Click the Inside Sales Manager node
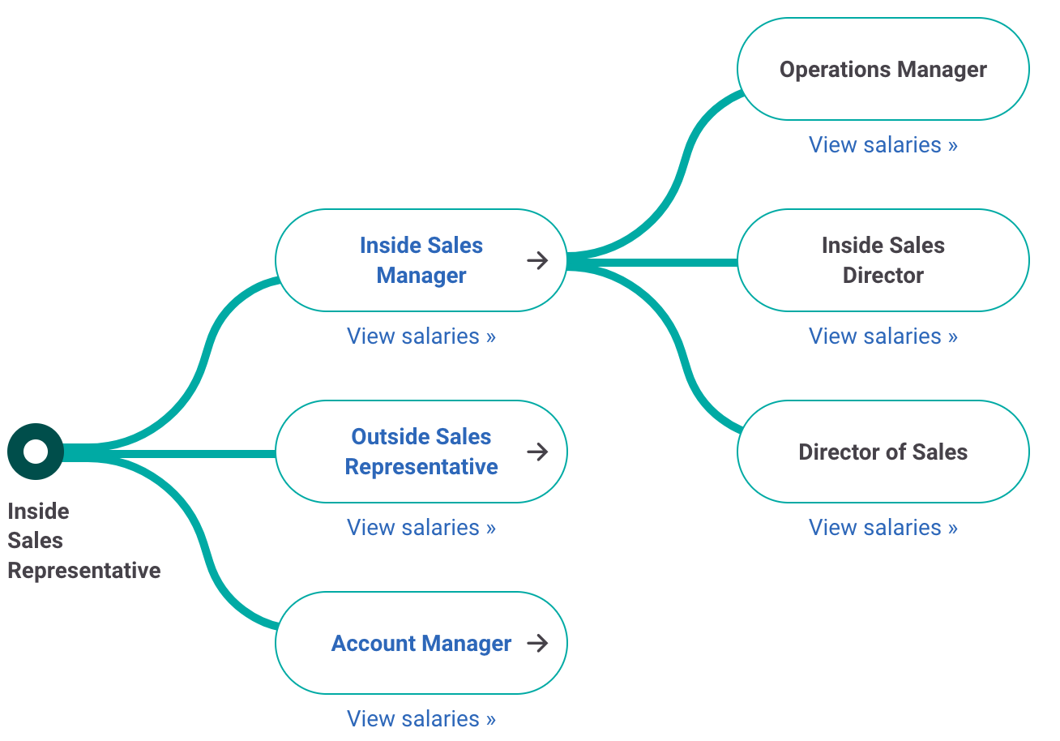pyautogui.click(x=421, y=260)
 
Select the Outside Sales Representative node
pyautogui.click(x=421, y=452)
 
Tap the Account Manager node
pyautogui.click(x=421, y=643)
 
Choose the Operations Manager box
pyautogui.click(x=883, y=70)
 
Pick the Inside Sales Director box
pyautogui.click(x=883, y=260)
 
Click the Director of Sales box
pyautogui.click(x=883, y=452)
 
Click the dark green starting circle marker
pyautogui.click(x=36, y=452)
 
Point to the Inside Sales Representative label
pyautogui.click(x=83, y=541)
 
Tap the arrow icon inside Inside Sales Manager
pyautogui.click(x=537, y=260)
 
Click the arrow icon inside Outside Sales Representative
pyautogui.click(x=537, y=452)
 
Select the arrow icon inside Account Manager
pyautogui.click(x=537, y=643)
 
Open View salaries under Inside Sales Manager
pyautogui.click(x=421, y=336)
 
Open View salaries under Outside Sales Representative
pyautogui.click(x=421, y=527)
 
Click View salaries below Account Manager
pyautogui.click(x=421, y=718)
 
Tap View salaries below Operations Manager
pyautogui.click(x=883, y=144)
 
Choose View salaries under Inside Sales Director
pyautogui.click(x=883, y=336)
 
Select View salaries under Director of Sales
pyautogui.click(x=883, y=527)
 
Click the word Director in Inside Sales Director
pyautogui.click(x=883, y=276)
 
